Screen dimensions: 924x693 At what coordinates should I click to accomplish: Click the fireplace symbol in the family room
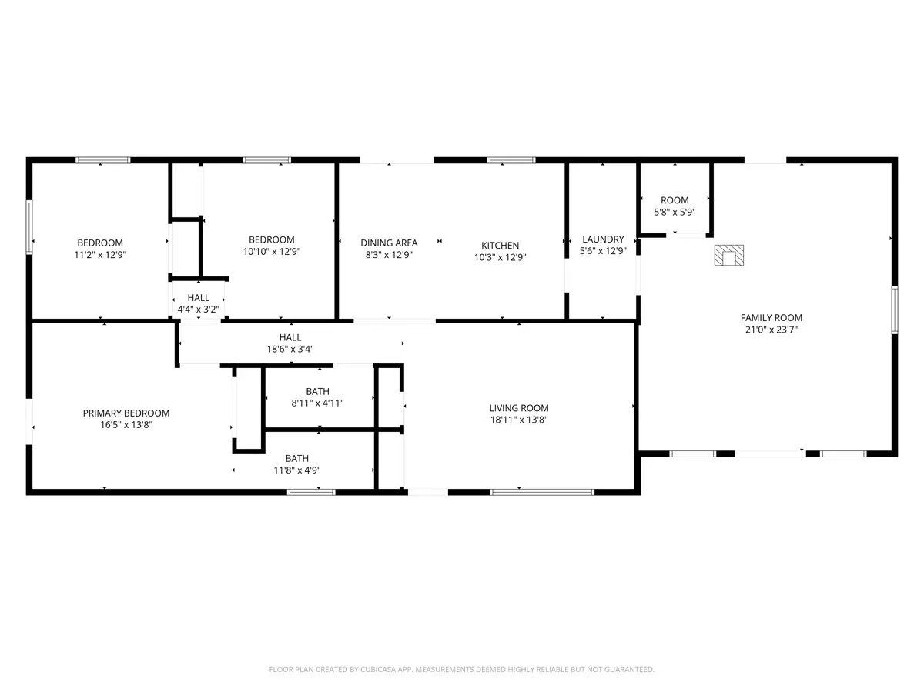click(728, 256)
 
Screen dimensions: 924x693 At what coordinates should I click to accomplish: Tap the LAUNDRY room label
click(603, 239)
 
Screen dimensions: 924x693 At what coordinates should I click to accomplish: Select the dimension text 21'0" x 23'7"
click(772, 330)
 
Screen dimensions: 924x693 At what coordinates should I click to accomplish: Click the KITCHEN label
click(500, 246)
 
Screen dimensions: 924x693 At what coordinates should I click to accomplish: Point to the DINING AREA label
click(389, 243)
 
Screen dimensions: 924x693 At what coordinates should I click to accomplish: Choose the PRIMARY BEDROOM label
click(126, 413)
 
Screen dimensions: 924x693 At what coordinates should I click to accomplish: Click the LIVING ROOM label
click(519, 408)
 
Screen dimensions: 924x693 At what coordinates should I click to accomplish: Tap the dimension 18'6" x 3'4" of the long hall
click(290, 349)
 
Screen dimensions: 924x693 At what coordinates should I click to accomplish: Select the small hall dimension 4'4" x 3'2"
click(198, 310)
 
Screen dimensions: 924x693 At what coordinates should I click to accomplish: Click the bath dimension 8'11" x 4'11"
click(317, 403)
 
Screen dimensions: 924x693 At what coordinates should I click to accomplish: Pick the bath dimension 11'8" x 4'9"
click(297, 470)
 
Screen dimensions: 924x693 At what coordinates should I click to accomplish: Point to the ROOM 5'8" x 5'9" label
click(675, 206)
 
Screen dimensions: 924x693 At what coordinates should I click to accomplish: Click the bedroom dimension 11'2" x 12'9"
click(100, 255)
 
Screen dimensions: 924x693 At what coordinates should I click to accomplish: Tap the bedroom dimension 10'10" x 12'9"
click(272, 252)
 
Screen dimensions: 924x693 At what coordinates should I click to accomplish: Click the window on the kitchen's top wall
click(511, 160)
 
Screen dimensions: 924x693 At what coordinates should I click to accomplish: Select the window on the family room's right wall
click(895, 310)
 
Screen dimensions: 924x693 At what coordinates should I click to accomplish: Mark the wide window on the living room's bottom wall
click(542, 492)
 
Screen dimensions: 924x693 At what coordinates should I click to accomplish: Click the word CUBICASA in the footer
click(377, 669)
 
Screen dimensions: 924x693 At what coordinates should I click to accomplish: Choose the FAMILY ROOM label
click(772, 318)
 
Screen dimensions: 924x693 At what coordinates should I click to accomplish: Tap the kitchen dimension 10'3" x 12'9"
click(500, 257)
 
